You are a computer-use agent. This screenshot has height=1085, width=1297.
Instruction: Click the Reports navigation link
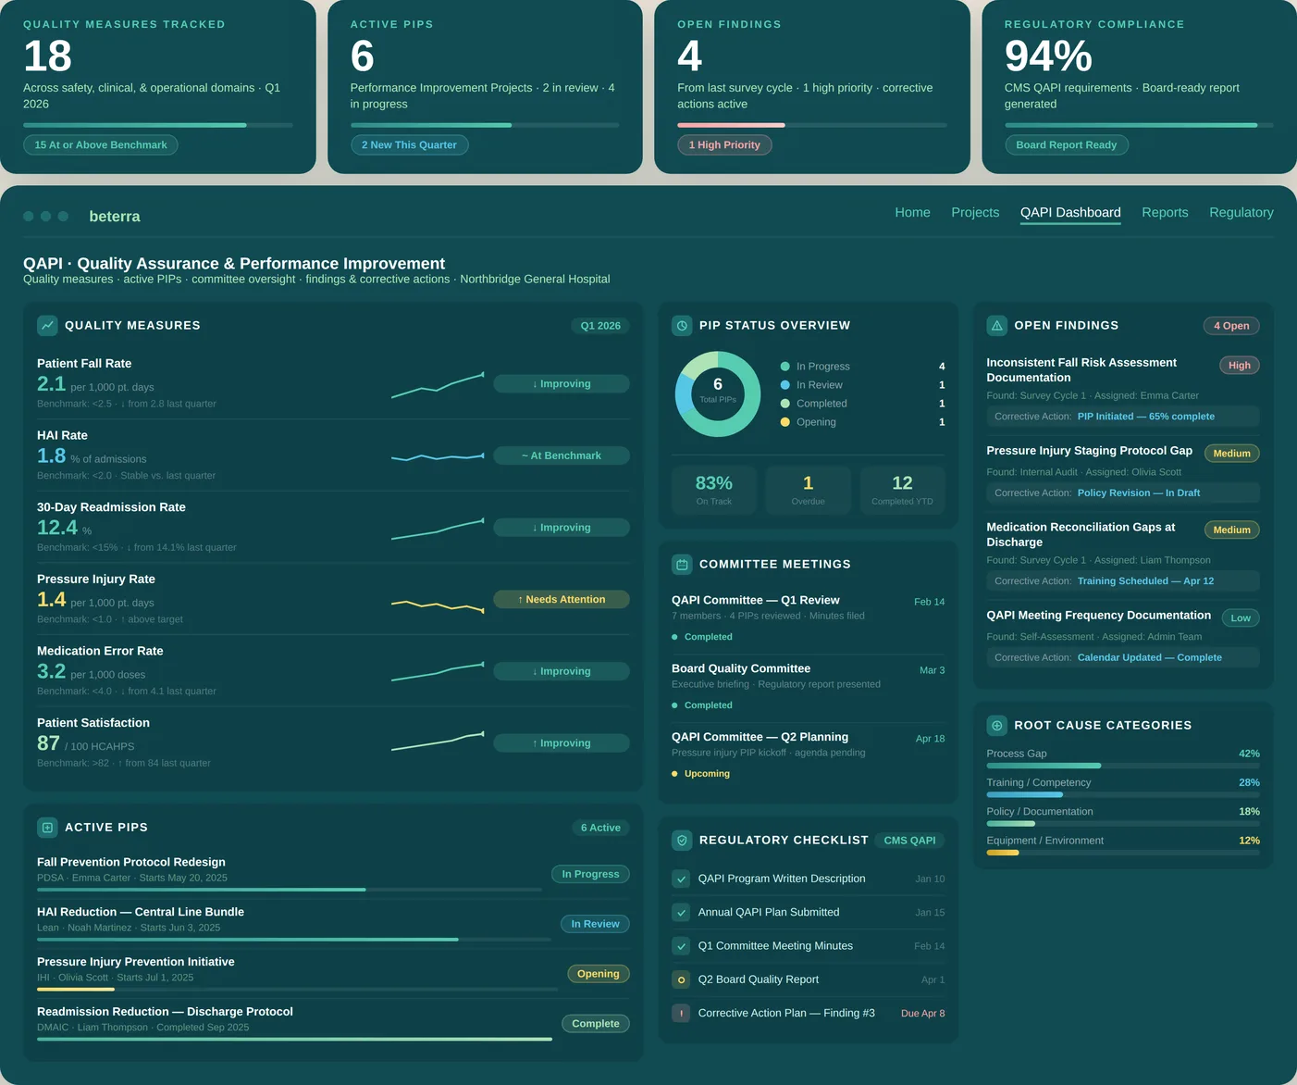click(x=1165, y=213)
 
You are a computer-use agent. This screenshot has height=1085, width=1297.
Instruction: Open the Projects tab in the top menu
click(x=975, y=213)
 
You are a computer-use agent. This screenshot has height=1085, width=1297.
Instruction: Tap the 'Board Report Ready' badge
click(x=1066, y=145)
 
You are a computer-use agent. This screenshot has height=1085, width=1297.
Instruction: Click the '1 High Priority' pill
click(x=724, y=145)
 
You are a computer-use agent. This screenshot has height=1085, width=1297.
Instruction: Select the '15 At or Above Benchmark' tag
click(x=101, y=145)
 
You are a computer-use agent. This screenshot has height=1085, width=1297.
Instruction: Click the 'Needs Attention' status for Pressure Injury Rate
click(x=562, y=600)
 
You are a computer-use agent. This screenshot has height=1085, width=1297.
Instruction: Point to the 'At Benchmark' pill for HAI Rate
click(x=562, y=456)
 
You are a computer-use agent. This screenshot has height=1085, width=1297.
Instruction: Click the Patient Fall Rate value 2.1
click(x=52, y=384)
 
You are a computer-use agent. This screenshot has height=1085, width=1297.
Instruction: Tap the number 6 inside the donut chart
click(x=718, y=384)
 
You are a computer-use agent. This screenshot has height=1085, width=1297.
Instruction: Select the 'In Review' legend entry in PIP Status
click(x=819, y=385)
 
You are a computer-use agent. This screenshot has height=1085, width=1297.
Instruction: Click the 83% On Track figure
click(x=713, y=483)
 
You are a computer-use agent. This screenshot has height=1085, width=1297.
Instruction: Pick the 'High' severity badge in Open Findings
click(x=1239, y=366)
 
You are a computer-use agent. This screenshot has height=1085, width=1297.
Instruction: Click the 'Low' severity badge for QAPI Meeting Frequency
click(x=1241, y=618)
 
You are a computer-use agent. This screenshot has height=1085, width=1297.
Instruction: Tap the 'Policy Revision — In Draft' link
click(x=1138, y=493)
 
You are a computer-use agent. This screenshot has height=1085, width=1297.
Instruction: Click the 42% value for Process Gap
click(x=1249, y=754)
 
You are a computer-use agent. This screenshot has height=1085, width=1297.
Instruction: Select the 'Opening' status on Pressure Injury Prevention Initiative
click(x=598, y=974)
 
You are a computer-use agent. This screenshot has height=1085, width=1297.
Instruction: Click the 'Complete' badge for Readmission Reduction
click(x=595, y=1024)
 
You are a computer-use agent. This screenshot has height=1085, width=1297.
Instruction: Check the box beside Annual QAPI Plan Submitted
click(x=682, y=913)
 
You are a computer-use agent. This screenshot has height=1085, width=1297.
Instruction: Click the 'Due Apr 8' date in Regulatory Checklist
click(x=922, y=1014)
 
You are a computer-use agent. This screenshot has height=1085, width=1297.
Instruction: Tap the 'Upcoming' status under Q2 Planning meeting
click(x=707, y=774)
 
